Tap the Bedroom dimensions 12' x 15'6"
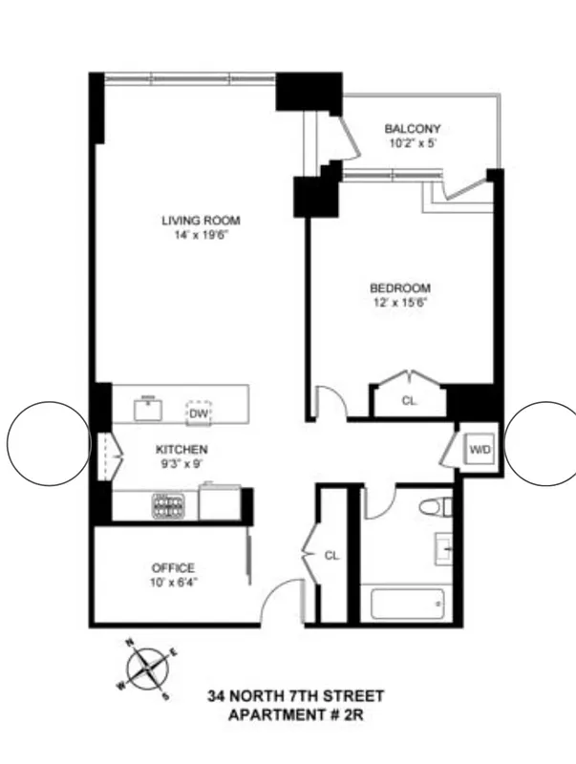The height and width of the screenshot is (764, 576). [x=400, y=303]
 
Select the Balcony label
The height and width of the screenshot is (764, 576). [x=412, y=129]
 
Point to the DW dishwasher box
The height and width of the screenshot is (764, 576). [x=199, y=414]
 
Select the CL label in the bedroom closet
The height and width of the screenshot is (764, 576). [x=409, y=402]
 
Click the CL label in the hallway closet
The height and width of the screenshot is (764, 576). [x=331, y=554]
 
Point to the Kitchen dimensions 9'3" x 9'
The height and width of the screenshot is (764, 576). [x=181, y=463]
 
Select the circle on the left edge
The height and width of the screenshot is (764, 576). [x=48, y=442]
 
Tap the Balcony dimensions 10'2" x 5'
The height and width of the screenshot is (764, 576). [x=412, y=143]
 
